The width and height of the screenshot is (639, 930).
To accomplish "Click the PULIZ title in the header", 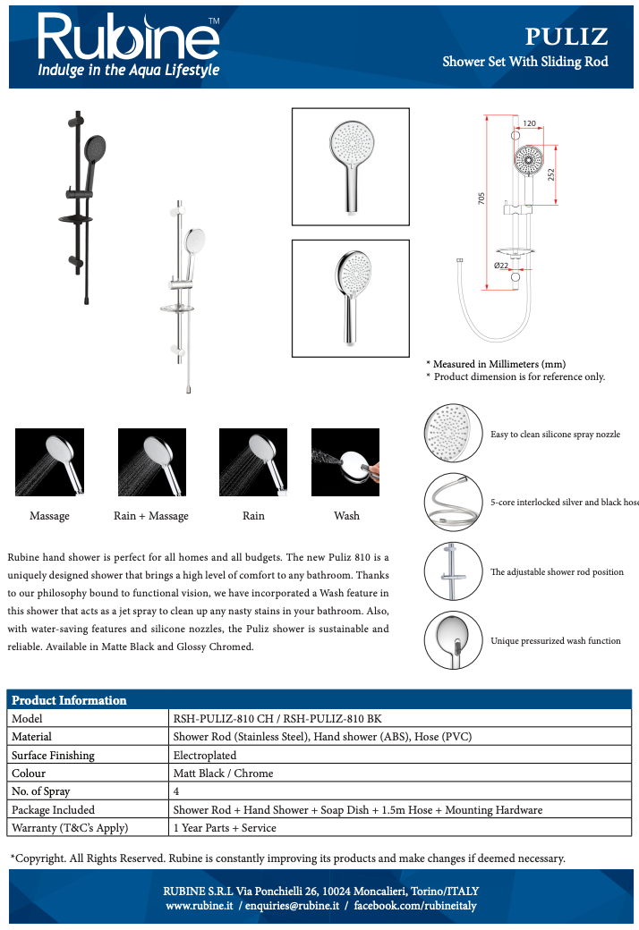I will point(566,37).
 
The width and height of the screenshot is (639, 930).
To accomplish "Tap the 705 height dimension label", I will point(481,201).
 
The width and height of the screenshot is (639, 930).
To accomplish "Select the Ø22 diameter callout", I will point(502,266).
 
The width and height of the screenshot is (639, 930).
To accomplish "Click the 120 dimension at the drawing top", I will point(529,123).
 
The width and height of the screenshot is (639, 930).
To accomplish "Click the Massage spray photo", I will point(49,461).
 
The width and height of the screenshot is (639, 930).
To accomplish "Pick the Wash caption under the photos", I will point(346,516).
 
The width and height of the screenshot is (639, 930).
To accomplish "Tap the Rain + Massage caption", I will point(151,516).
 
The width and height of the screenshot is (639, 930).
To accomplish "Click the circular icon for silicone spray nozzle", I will point(454,433).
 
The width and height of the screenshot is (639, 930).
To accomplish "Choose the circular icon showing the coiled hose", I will point(454,502).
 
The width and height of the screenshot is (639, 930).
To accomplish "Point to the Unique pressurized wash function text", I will point(555,641).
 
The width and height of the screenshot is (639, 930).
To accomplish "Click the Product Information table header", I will point(70,700).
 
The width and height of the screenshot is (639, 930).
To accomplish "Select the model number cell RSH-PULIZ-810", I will point(277,718).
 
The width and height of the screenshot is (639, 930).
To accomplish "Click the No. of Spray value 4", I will point(176,791).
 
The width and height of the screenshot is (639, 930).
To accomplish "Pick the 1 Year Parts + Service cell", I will point(225,828).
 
